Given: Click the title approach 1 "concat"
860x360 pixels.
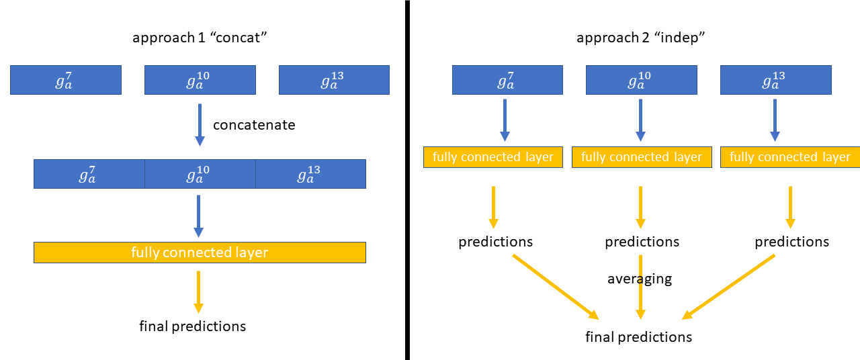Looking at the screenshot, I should click(x=200, y=38).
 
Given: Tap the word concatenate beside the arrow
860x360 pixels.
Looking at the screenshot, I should click(x=254, y=125).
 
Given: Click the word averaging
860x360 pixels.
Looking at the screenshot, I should click(x=640, y=279).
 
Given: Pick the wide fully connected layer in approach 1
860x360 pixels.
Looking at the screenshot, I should click(x=200, y=253).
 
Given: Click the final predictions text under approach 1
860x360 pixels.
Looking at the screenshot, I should click(x=192, y=326).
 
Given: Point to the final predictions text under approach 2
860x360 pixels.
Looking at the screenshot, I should click(x=638, y=336).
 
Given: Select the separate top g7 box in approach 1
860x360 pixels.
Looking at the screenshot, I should click(x=66, y=80).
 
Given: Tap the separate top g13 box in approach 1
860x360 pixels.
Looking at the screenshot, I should click(x=334, y=80).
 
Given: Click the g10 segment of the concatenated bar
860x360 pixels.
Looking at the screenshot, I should click(x=200, y=174).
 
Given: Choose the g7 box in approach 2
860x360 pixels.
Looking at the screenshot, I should click(x=507, y=80).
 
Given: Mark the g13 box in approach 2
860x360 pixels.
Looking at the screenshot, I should click(x=775, y=80).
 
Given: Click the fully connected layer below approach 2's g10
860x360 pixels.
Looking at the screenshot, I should click(x=641, y=157).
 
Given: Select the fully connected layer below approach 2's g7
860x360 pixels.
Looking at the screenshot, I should click(x=492, y=157).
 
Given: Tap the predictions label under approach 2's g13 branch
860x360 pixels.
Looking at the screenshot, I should click(x=791, y=242).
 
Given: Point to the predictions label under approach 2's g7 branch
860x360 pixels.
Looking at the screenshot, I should click(x=495, y=242).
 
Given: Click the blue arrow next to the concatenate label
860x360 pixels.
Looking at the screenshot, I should click(x=200, y=124).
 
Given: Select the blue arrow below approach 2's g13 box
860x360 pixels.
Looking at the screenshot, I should click(x=775, y=120).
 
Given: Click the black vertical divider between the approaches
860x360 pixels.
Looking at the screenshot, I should click(x=407, y=180).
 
